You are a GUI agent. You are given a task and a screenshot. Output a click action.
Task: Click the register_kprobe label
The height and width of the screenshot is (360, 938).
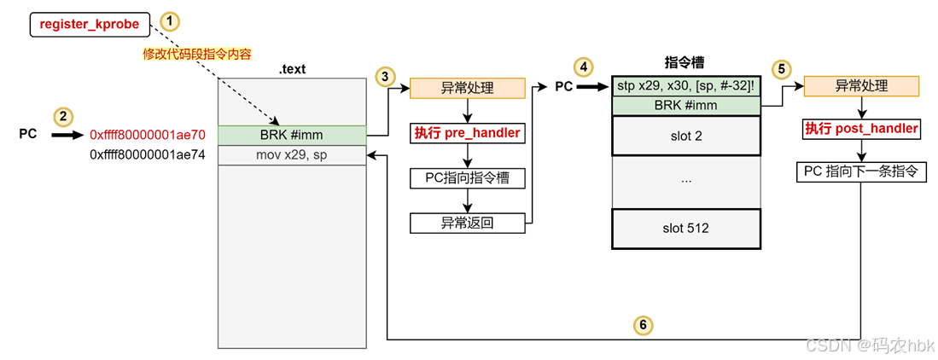pyautogui.click(x=89, y=24)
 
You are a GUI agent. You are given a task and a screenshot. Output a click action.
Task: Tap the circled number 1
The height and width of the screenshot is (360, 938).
pyautogui.click(x=172, y=21)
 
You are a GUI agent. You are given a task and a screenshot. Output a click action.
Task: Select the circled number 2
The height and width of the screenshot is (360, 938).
pyautogui.click(x=62, y=117)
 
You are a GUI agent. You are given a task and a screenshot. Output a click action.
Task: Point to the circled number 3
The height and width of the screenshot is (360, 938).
pyautogui.click(x=385, y=77)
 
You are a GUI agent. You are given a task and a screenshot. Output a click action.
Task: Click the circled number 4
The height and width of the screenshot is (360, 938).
pyautogui.click(x=583, y=67)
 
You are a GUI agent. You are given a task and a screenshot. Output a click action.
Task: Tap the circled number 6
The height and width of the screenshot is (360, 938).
pyautogui.click(x=643, y=324)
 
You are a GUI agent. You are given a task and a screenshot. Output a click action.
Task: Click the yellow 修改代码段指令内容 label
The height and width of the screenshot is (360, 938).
pyautogui.click(x=197, y=55)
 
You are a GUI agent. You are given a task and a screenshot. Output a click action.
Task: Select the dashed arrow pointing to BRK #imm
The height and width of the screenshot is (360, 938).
pyautogui.click(x=249, y=102)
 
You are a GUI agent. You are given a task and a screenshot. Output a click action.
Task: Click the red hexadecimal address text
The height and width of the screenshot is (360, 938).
pyautogui.click(x=148, y=135)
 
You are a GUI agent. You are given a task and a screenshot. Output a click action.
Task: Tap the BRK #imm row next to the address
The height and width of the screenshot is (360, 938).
pyautogui.click(x=292, y=135)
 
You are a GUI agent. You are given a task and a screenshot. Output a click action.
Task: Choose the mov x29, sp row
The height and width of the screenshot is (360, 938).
pyautogui.click(x=292, y=155)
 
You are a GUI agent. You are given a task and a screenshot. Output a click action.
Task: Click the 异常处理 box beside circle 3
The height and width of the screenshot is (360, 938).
pyautogui.click(x=467, y=88)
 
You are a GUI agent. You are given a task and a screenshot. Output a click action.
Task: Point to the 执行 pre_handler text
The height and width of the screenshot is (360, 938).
pyautogui.click(x=467, y=133)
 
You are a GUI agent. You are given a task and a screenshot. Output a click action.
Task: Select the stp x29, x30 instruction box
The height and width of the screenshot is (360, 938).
pyautogui.click(x=686, y=86)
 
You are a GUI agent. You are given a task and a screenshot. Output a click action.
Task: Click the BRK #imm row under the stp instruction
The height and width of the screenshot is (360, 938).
pyautogui.click(x=686, y=106)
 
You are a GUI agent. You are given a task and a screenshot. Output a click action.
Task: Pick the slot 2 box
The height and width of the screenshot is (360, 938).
pyautogui.click(x=686, y=136)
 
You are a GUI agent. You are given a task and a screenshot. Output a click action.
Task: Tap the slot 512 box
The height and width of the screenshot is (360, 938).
pyautogui.click(x=686, y=229)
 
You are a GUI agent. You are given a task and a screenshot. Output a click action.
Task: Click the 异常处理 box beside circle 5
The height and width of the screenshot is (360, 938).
pyautogui.click(x=860, y=86)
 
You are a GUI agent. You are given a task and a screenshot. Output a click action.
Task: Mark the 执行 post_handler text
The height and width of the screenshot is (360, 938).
pyautogui.click(x=861, y=128)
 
